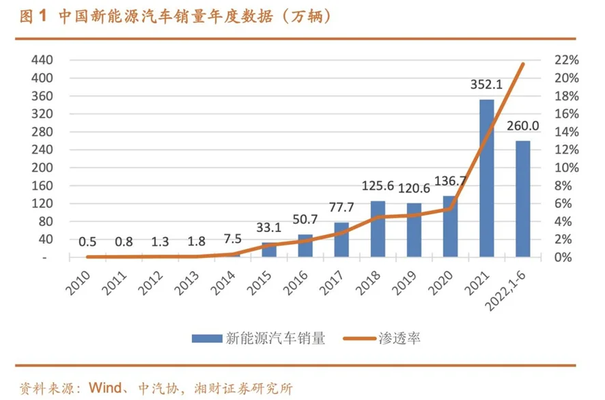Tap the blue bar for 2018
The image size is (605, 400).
pos(378,229)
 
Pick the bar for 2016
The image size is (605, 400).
pos(305,246)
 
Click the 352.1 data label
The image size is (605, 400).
pos(486,85)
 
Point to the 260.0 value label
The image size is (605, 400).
pos(522,126)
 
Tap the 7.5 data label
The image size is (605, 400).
pos(233,240)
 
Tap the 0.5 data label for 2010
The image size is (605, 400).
pos(87,241)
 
